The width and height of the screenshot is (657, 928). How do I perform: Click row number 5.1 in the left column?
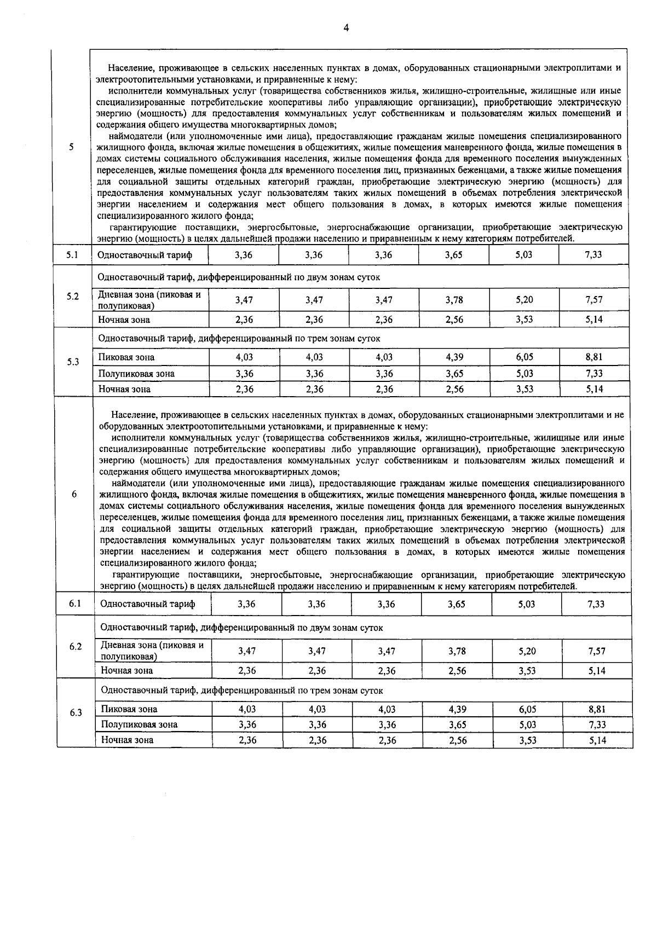click(72, 255)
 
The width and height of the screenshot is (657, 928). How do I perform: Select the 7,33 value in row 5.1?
click(593, 255)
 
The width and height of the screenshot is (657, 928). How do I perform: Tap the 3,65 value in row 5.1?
click(454, 255)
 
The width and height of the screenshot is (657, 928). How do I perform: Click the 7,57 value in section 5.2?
click(593, 300)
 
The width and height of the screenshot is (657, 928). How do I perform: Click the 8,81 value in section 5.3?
click(593, 357)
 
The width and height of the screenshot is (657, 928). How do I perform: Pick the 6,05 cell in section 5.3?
click(524, 357)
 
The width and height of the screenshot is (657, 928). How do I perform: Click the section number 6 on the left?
click(74, 494)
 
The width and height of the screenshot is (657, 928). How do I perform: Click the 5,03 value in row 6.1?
click(527, 604)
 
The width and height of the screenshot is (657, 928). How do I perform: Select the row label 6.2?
click(76, 646)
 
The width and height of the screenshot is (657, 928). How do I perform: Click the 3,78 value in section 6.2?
click(457, 651)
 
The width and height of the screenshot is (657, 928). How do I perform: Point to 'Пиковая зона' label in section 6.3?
click(129, 709)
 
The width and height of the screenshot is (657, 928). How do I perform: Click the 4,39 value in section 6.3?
click(457, 709)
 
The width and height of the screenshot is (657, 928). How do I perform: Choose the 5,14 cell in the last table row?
click(597, 740)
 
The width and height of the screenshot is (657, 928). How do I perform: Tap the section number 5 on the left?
click(72, 147)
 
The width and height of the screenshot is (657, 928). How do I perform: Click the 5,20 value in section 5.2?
click(524, 300)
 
